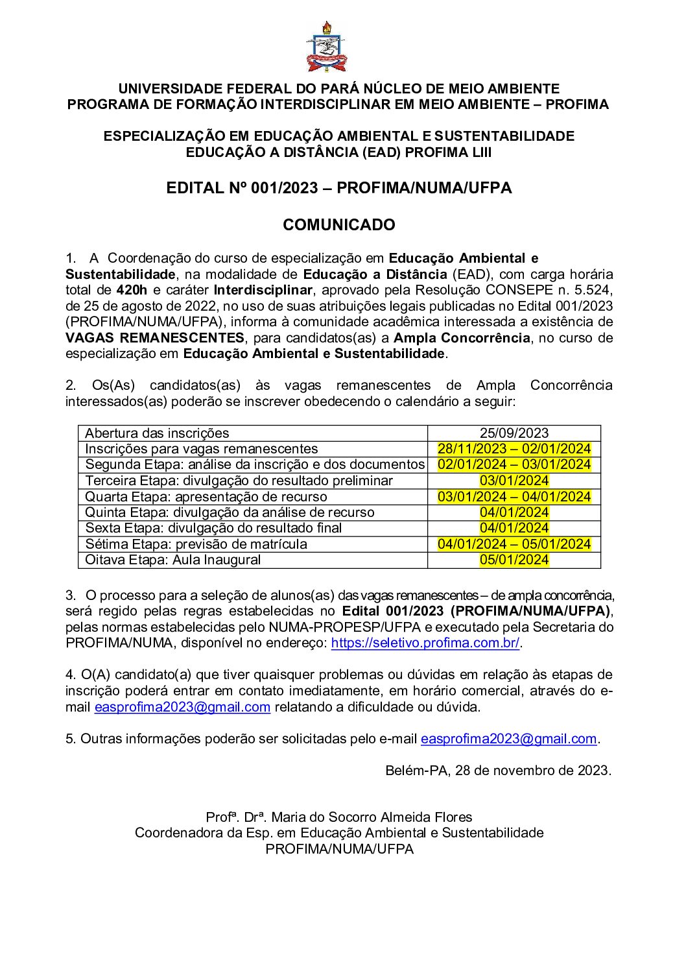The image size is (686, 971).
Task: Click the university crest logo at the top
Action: [327, 47]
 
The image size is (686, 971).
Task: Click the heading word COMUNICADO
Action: [338, 225]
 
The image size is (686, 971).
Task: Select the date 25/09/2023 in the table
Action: [514, 433]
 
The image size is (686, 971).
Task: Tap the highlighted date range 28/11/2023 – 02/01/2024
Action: [514, 449]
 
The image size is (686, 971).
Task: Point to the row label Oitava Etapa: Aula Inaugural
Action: [173, 560]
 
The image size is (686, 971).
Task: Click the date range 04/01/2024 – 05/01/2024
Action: [514, 544]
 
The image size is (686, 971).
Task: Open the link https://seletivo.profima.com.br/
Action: [425, 643]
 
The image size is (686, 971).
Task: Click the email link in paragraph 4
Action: [182, 707]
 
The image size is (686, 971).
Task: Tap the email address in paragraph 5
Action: [508, 739]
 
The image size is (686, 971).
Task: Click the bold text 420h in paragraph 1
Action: [132, 290]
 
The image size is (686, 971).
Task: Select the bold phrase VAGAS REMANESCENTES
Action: [155, 338]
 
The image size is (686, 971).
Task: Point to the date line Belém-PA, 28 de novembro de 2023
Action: [498, 771]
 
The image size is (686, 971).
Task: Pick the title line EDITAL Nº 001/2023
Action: [338, 188]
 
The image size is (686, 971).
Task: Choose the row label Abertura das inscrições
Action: [158, 433]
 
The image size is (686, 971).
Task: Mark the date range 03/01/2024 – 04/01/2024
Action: [514, 497]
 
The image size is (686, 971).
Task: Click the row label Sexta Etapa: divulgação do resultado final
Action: [214, 528]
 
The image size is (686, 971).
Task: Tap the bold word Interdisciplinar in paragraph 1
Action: [263, 290]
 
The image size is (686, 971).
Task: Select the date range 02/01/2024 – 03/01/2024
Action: [514, 464]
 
